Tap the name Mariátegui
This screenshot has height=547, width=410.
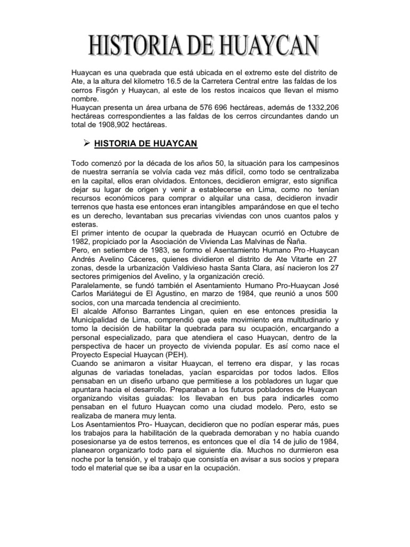[x=117, y=295]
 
